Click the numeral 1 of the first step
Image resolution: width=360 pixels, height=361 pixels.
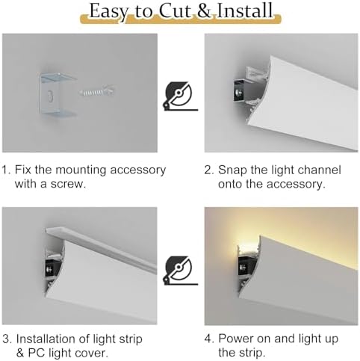point(5,170)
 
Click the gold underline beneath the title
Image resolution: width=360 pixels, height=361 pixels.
point(179,25)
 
